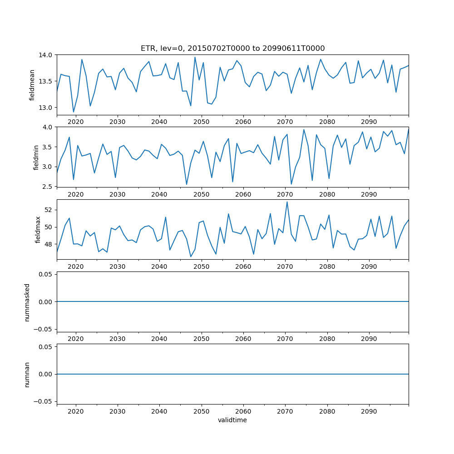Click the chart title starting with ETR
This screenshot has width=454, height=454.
(x=232, y=48)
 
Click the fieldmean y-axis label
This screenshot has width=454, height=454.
(x=32, y=85)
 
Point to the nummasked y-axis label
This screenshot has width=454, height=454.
(x=27, y=301)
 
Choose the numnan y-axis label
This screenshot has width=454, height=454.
(x=27, y=374)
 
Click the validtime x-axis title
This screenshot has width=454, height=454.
(x=232, y=420)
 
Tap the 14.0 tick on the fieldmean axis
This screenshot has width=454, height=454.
(x=46, y=55)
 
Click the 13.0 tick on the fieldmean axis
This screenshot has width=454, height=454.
(x=46, y=108)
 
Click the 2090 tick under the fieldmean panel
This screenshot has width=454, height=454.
(x=369, y=122)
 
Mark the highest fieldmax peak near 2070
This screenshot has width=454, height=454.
(x=287, y=202)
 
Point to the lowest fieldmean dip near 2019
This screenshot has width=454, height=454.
(x=74, y=112)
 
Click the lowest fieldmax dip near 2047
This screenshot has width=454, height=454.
(x=191, y=257)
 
